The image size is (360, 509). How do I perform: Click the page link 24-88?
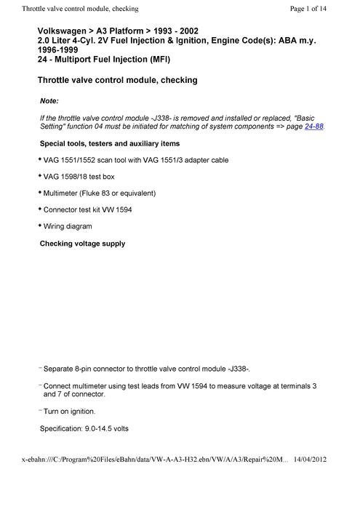(314, 126)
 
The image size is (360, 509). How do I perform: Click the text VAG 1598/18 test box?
(79, 176)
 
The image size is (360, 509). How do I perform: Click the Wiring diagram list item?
(68, 226)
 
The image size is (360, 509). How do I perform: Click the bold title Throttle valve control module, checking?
(116, 79)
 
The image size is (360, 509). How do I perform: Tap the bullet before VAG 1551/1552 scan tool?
(39, 159)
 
